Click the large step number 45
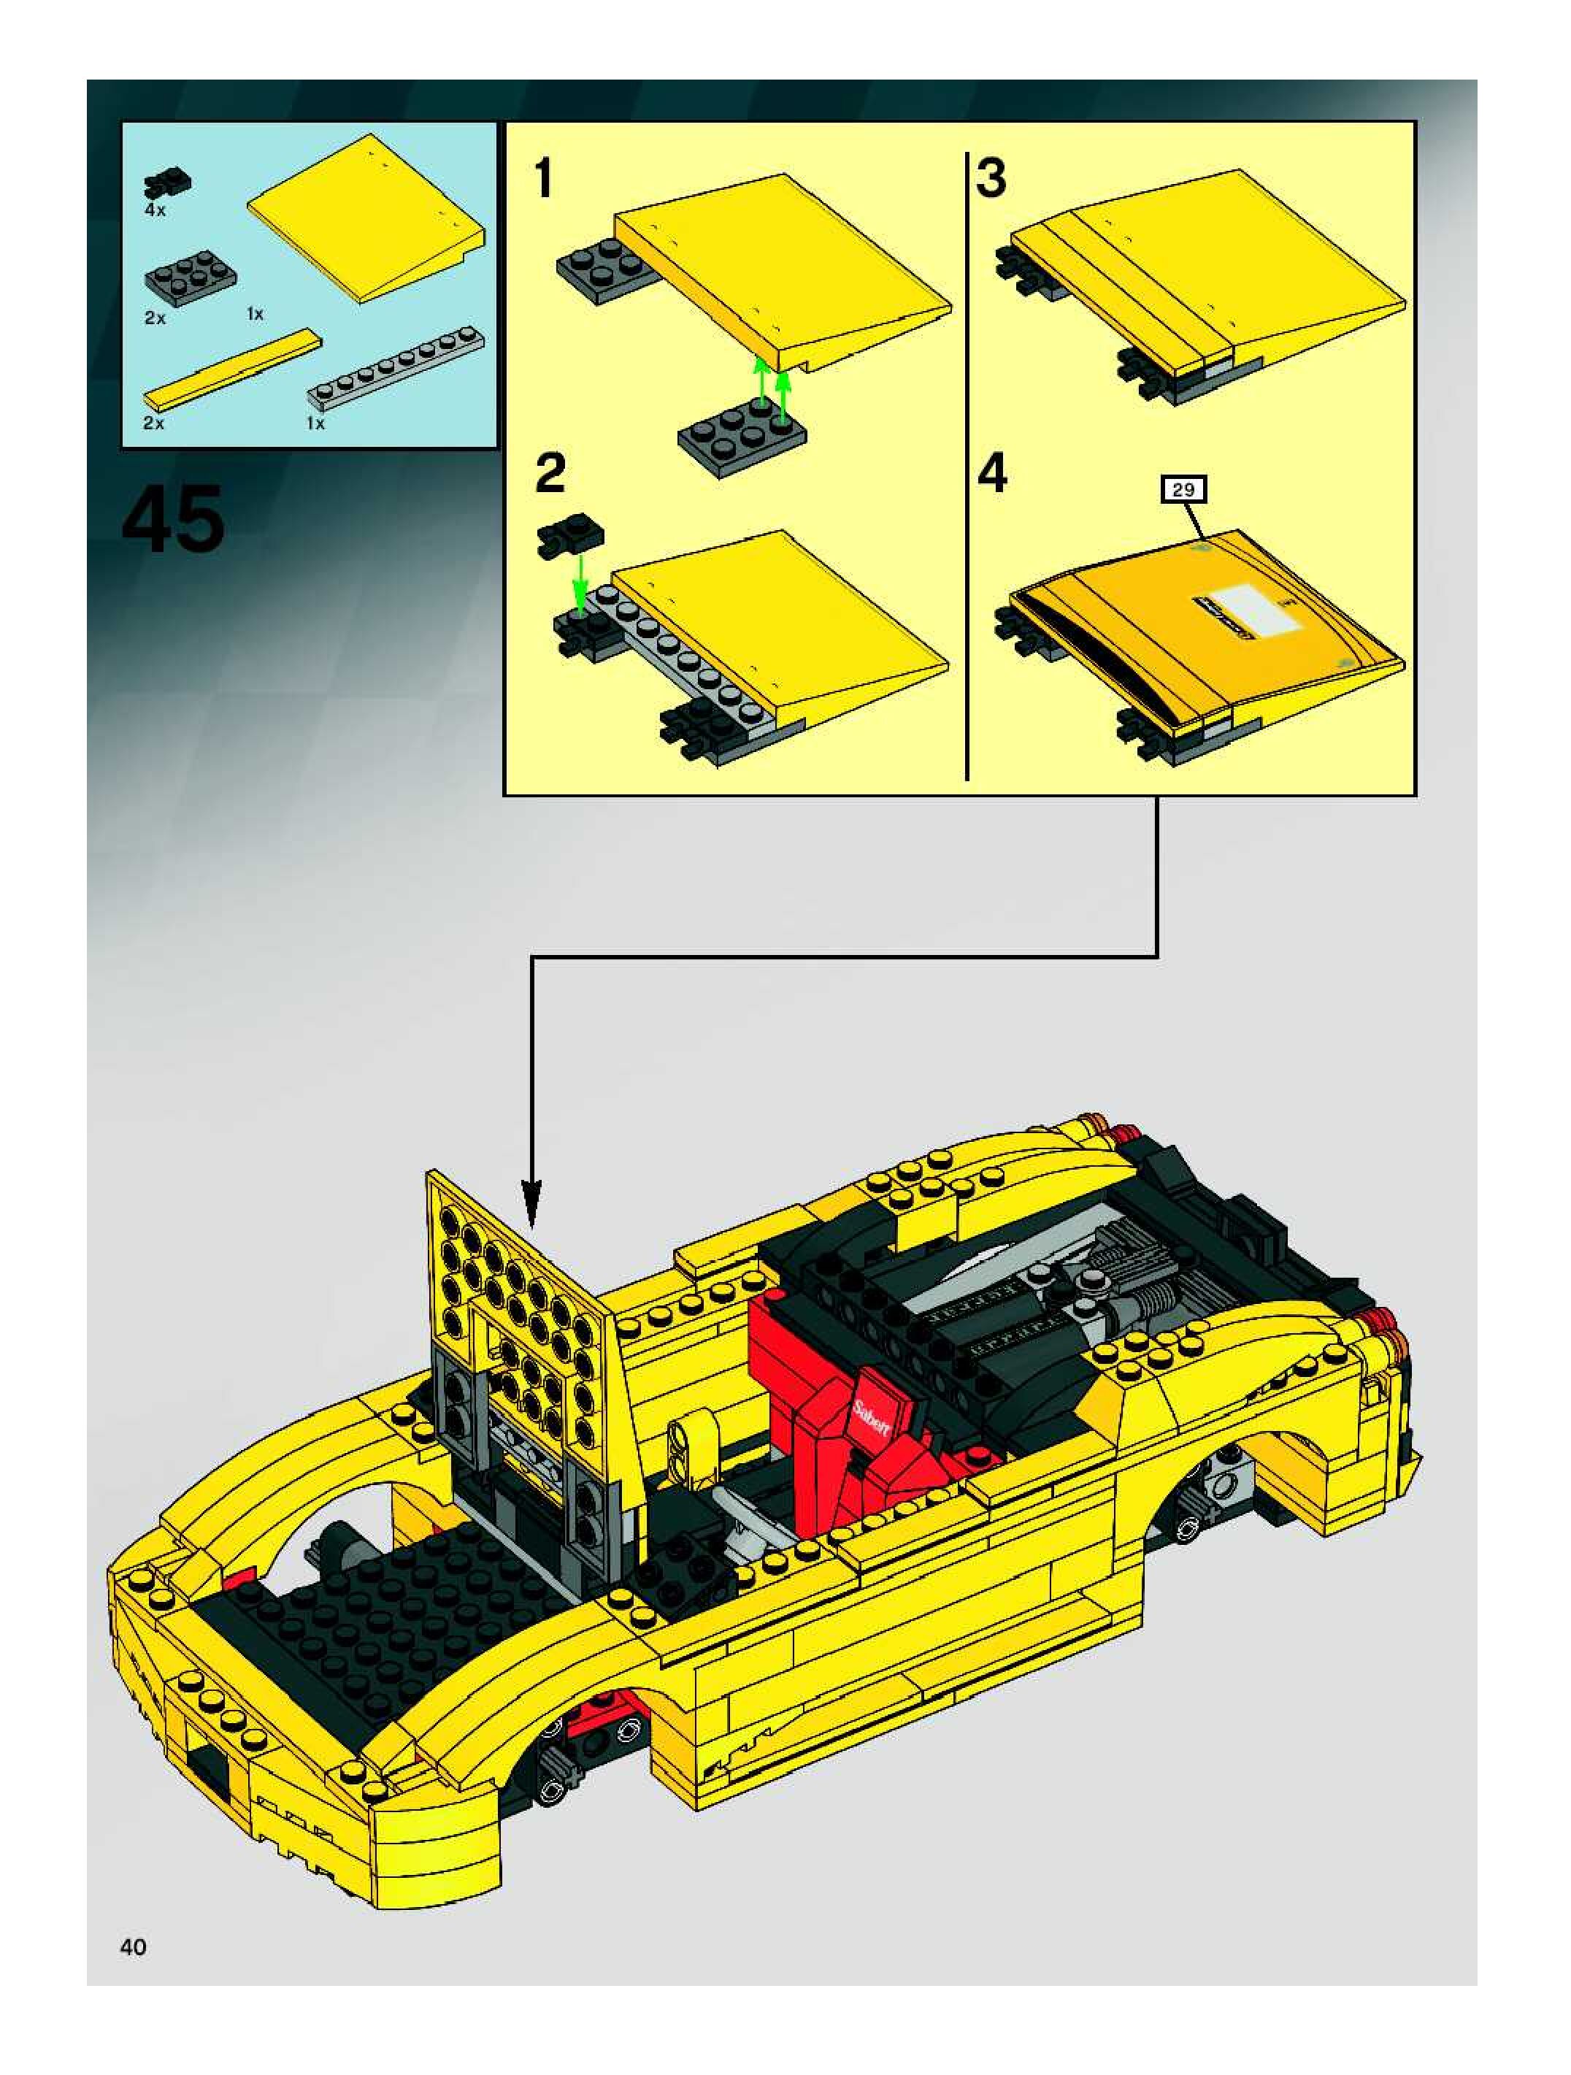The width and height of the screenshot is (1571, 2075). [x=174, y=518]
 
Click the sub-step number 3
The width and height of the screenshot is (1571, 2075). [x=991, y=178]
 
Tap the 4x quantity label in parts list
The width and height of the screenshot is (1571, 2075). [x=155, y=210]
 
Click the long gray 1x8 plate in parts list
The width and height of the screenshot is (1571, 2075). [x=396, y=366]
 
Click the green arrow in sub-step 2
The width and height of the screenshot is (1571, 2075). [x=580, y=582]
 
